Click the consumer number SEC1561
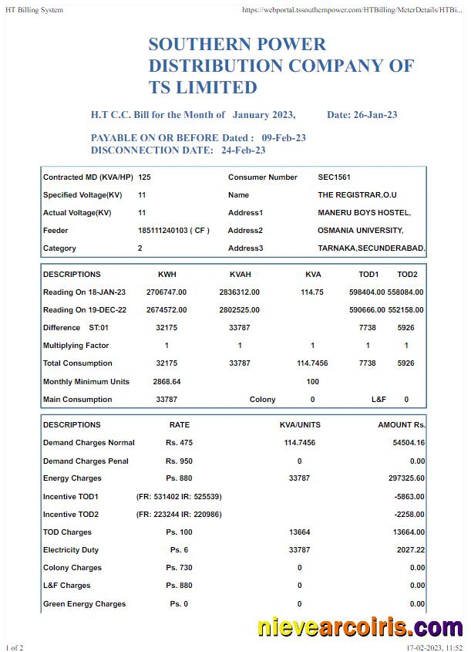pyautogui.click(x=334, y=177)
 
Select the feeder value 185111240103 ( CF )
pyautogui.click(x=173, y=231)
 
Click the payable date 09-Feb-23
pyautogui.click(x=284, y=137)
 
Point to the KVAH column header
pyautogui.click(x=240, y=275)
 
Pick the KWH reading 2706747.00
pyautogui.click(x=167, y=292)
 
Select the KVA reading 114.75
pyautogui.click(x=312, y=292)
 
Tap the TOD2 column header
pyautogui.click(x=406, y=275)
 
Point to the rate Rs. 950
pyautogui.click(x=179, y=461)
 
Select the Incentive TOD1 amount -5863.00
pyautogui.click(x=409, y=497)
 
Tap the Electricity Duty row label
pyautogui.click(x=76, y=550)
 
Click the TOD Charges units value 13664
pyautogui.click(x=299, y=532)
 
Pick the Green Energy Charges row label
pyautogui.click(x=84, y=604)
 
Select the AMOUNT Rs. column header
pyautogui.click(x=401, y=425)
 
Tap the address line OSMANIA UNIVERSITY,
pyautogui.click(x=360, y=231)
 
